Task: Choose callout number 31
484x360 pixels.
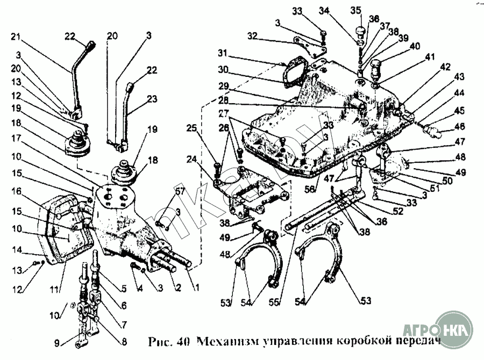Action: [x=223, y=54]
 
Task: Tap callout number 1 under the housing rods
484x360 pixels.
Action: [x=197, y=288]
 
